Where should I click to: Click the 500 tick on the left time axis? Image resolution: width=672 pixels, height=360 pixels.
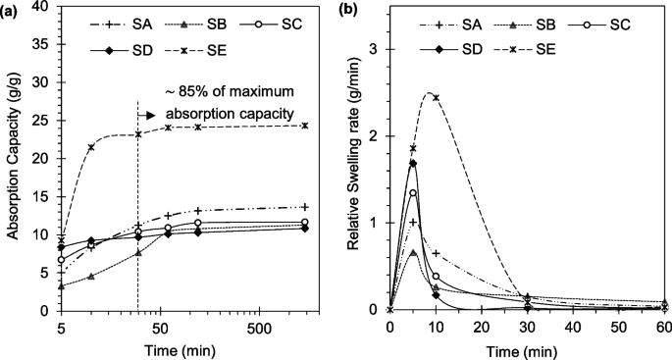click(259, 325)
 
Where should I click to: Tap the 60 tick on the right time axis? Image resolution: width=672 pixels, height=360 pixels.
click(664, 325)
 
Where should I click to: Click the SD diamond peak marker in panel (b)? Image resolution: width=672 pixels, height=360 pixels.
click(413, 163)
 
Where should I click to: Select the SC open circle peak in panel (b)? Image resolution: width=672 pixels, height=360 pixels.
click(413, 193)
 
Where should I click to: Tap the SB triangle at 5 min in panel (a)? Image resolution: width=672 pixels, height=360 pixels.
click(62, 285)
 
